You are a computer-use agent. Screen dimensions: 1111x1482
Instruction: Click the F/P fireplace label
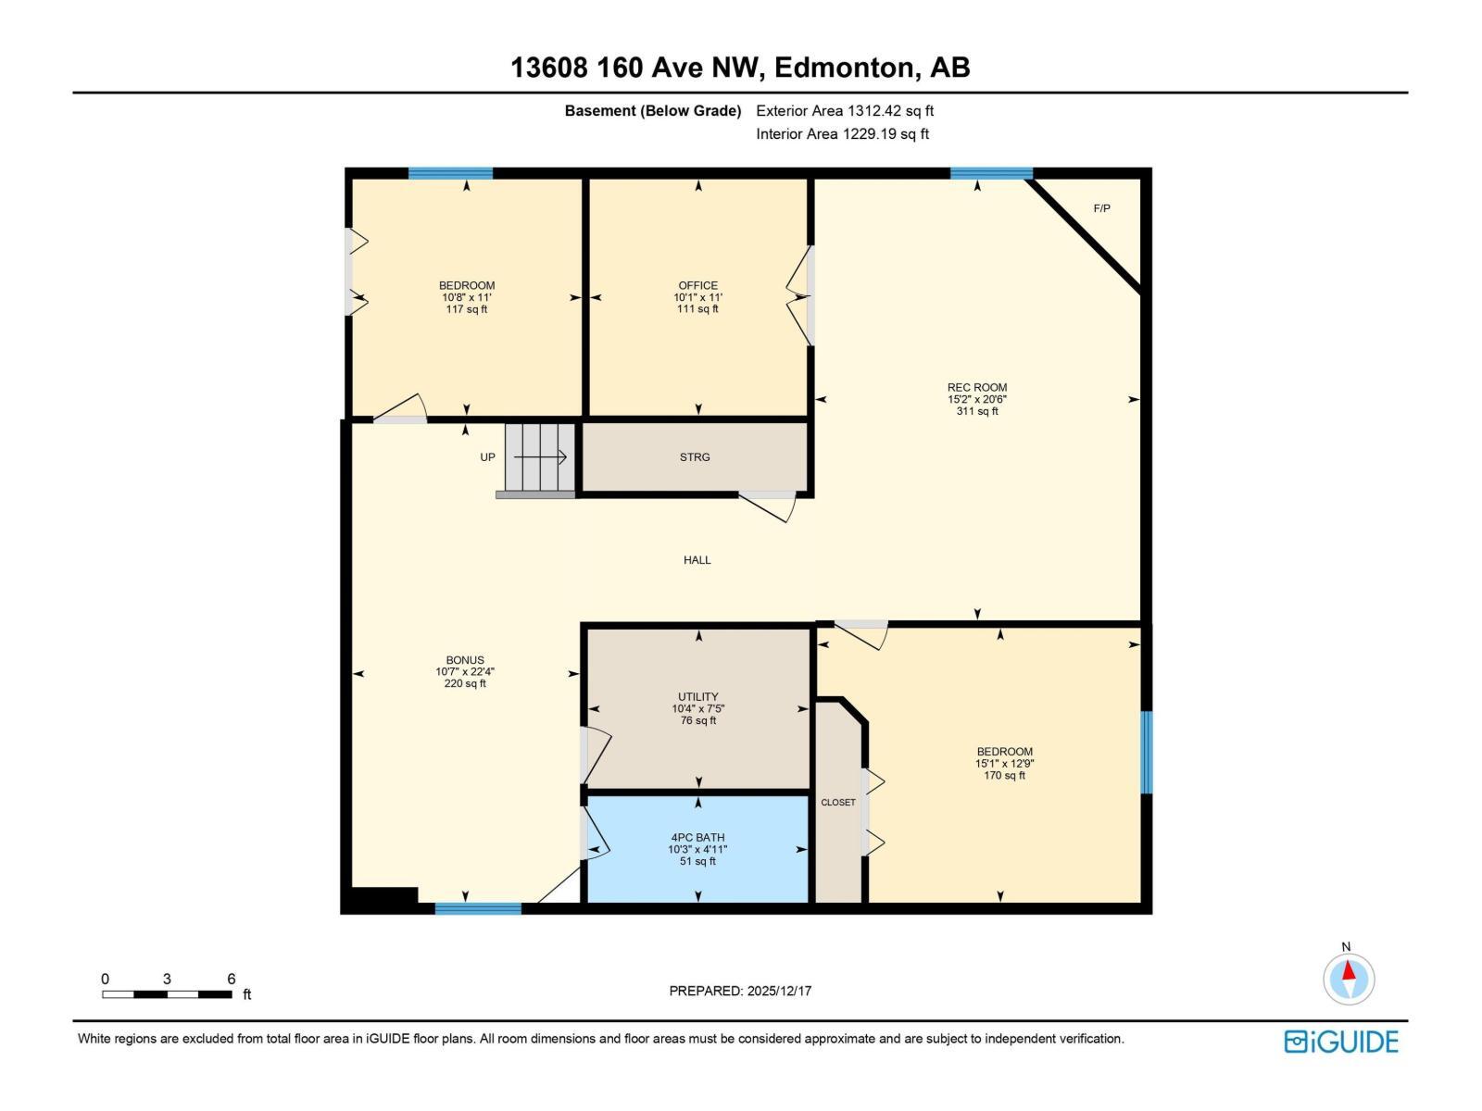[x=1101, y=208]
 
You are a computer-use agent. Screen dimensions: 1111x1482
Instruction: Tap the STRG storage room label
[x=695, y=457]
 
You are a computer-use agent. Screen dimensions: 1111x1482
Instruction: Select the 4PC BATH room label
[x=697, y=837]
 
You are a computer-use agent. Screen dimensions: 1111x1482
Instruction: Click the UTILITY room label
[x=697, y=696]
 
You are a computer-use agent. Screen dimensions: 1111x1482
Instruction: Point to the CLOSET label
[x=838, y=803]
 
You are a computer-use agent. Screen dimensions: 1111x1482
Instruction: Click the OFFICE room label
[x=697, y=285]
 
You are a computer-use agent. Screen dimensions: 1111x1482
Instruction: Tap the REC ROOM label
[x=976, y=387]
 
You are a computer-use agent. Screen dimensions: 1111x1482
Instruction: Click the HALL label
[x=697, y=560]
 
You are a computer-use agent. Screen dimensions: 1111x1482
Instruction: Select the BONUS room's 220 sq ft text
[x=465, y=684]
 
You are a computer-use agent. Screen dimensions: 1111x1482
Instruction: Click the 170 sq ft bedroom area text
[x=1004, y=776]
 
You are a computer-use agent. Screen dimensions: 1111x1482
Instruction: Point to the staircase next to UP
[x=540, y=457]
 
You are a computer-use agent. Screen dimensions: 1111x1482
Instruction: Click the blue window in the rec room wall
[x=991, y=173]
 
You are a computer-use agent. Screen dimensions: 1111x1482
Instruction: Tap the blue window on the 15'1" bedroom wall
[x=1146, y=752]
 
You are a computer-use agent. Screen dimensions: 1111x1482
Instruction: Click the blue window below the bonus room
[x=478, y=909]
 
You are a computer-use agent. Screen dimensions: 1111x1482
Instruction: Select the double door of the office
[x=798, y=296]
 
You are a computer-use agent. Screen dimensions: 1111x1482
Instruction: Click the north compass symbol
[x=1349, y=978]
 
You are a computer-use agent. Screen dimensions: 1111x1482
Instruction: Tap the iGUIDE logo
[x=1341, y=1042]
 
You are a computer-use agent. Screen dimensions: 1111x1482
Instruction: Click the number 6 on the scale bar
[x=232, y=979]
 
